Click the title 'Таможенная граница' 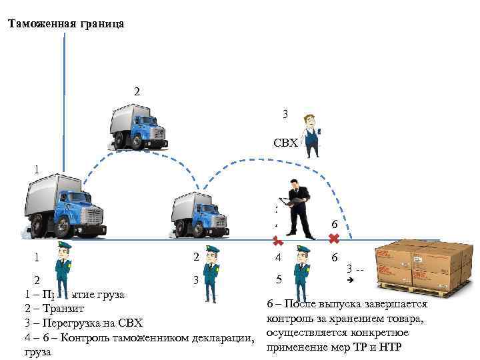[x=65, y=25]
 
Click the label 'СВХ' [x=285, y=143]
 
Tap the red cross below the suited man [x=278, y=241]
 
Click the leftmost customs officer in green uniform [x=64, y=270]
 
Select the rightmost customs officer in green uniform [x=302, y=273]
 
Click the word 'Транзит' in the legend [x=64, y=308]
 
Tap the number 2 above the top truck [x=137, y=91]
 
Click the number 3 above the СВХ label [x=285, y=114]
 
